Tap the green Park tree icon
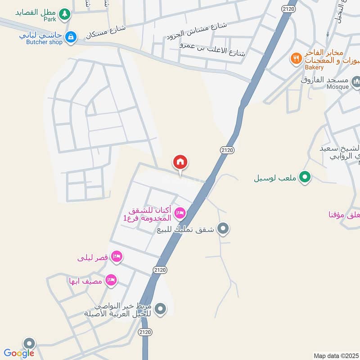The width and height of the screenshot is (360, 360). pos(65,14)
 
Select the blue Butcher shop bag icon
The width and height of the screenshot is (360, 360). pos(70,37)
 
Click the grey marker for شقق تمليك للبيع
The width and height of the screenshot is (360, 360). pos(223,229)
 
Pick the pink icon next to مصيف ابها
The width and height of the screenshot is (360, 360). pos(111,281)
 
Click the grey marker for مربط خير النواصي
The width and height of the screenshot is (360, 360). pos(160,309)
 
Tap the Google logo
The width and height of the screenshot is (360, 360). pos(19,353)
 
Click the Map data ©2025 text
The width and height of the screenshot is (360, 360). pos(336,355)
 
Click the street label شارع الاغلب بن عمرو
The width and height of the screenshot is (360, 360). pos(213,49)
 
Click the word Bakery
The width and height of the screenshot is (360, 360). pos(314,67)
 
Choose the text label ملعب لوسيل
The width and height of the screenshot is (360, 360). pos(276,178)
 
